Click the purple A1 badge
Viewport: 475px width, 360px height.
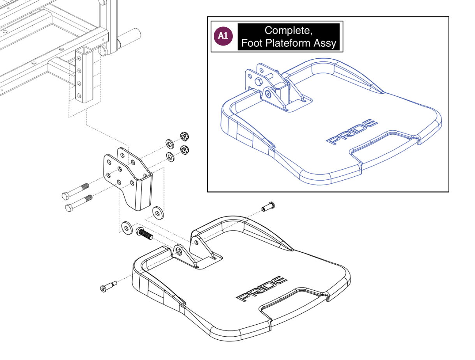tap(223, 36)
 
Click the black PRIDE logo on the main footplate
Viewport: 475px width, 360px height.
tap(261, 289)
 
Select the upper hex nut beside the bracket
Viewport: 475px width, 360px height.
tap(184, 137)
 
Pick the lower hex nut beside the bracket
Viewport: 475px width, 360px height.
tap(185, 149)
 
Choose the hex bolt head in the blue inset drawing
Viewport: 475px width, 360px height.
tap(258, 82)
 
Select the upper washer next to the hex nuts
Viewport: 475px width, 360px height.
tap(170, 143)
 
